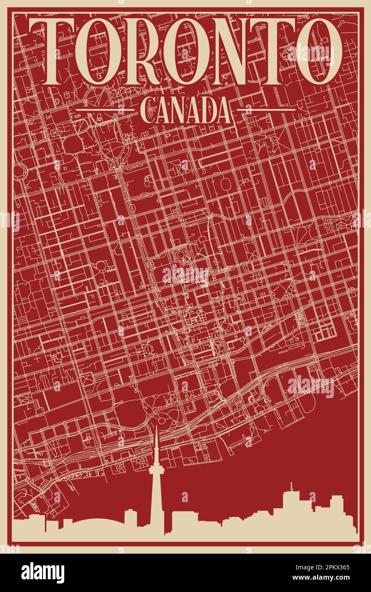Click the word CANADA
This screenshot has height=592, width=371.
point(185,110)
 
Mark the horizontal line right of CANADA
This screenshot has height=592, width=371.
point(266,110)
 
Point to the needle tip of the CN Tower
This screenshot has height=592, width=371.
point(156,427)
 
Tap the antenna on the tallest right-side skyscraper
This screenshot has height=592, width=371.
point(291,486)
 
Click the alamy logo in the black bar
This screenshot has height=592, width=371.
point(43,573)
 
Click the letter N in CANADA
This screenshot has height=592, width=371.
point(178,110)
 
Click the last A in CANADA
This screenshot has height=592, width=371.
point(223,110)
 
